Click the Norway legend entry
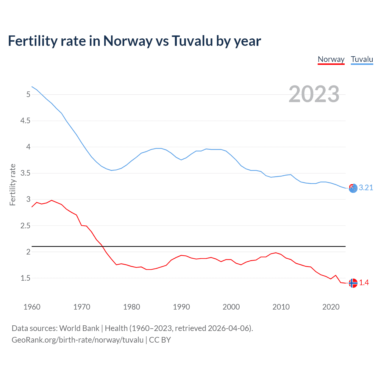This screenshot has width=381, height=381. point(331,59)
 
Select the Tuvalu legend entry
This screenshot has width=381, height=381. point(362,59)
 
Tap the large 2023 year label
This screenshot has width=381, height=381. point(314,94)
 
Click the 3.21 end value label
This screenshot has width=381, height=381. point(366,188)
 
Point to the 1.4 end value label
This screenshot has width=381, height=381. point(364,282)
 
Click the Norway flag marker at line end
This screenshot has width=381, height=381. point(353,283)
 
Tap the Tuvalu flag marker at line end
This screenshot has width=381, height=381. point(353,188)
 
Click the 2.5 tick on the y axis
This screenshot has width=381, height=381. point(25,226)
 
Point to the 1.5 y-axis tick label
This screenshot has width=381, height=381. point(25,278)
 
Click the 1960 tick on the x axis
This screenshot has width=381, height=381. point(32,307)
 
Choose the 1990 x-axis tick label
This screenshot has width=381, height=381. point(181,307)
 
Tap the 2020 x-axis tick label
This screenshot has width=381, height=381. point(331,307)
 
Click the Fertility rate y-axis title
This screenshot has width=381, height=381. point(13,185)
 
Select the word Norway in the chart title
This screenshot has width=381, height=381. point(128,41)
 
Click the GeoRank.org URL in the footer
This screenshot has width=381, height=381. point(77,340)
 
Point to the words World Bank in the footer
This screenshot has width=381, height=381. point(79,328)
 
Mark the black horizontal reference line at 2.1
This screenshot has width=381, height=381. point(190,246)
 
